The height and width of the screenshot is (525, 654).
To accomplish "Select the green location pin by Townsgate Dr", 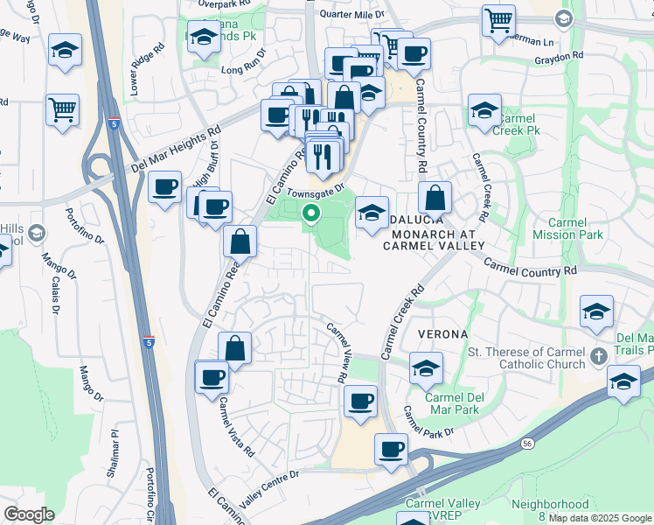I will [310, 212].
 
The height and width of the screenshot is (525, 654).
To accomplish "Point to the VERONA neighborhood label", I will [442, 334].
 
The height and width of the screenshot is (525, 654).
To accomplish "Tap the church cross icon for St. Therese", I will [598, 356].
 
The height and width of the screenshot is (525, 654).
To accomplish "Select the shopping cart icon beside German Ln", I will [498, 19].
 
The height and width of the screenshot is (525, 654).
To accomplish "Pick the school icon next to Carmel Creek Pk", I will [484, 110].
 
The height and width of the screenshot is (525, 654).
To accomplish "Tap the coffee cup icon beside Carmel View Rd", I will [360, 401].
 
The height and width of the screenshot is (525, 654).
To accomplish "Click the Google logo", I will [29, 514].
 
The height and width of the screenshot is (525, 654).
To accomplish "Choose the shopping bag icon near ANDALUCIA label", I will [435, 198].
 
